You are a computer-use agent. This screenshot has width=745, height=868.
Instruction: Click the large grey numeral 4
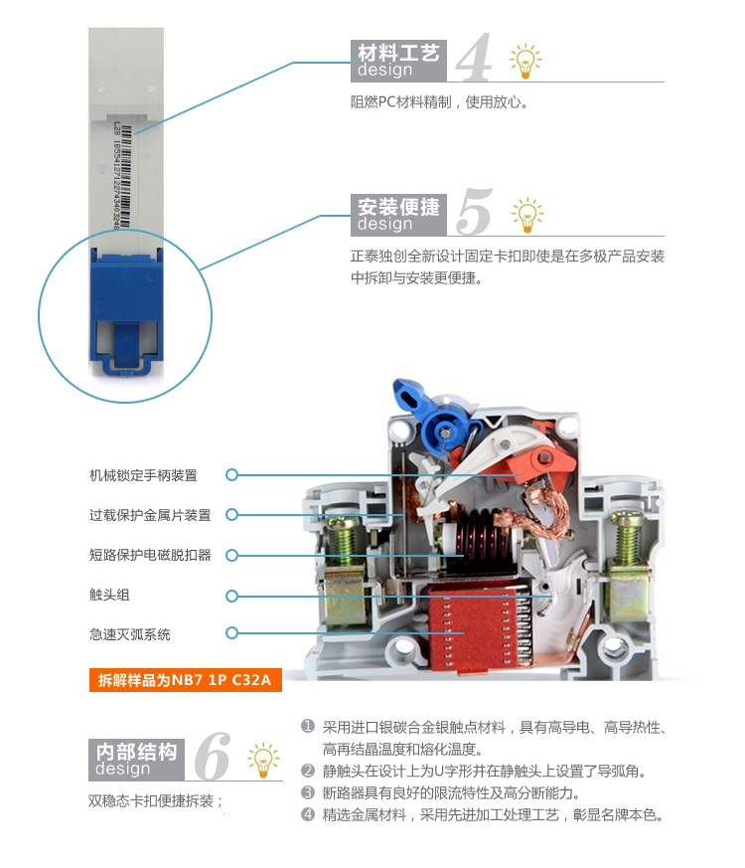475,57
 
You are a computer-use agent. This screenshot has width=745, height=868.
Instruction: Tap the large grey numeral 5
475,211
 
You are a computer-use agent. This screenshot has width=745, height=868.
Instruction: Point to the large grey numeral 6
213,756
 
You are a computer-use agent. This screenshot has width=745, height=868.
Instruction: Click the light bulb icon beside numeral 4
524,61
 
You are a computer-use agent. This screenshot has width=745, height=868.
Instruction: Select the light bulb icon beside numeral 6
263,759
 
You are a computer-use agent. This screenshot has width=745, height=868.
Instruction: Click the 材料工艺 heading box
398,61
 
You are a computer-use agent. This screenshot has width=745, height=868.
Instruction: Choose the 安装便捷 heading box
398,215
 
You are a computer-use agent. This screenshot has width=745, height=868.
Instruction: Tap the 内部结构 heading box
136,760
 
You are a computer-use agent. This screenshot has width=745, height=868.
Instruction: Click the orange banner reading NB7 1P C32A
186,680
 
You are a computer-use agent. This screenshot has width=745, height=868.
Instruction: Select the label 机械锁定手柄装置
143,475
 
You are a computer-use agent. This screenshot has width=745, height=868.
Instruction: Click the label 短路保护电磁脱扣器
150,555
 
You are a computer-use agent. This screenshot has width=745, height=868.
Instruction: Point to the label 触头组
109,595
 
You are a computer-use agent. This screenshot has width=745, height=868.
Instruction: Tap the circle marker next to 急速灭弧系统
231,632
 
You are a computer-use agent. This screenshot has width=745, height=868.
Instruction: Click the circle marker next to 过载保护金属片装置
231,515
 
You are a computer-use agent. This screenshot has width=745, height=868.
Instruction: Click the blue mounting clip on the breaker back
127,311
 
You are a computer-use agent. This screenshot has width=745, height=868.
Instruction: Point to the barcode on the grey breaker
125,176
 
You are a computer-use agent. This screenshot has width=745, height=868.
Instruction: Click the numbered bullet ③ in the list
308,792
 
